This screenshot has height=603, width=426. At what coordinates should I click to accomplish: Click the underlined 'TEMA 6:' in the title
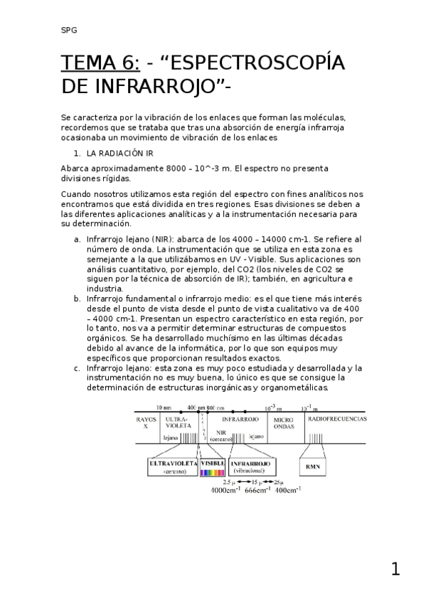click(100, 64)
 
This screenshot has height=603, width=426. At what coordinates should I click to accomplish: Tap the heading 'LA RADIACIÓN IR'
click(119, 153)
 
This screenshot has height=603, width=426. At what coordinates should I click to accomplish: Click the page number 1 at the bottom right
click(395, 569)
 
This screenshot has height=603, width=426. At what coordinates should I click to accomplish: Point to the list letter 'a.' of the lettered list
click(78, 240)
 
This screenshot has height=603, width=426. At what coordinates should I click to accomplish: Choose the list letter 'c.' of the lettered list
click(78, 368)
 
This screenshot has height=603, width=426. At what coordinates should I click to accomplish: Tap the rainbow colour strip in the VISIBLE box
click(213, 471)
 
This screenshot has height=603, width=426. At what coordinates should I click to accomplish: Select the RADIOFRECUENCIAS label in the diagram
click(336, 420)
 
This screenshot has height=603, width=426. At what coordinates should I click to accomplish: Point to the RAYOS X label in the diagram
click(145, 423)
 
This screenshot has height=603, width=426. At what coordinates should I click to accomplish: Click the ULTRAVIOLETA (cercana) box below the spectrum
click(172, 466)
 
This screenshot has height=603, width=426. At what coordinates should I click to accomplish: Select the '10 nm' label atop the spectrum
click(163, 408)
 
